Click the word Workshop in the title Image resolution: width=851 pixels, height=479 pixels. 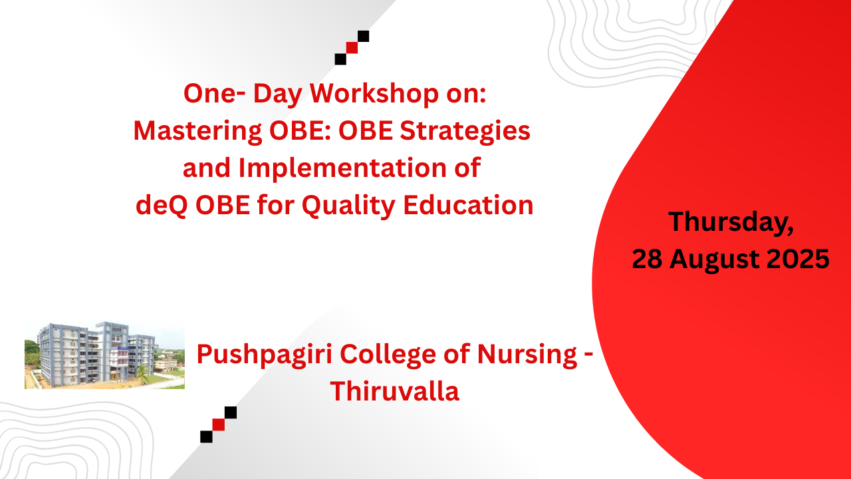[x=374, y=93]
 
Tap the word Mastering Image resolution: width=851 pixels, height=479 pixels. [x=197, y=132]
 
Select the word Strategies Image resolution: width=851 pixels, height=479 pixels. [x=465, y=132]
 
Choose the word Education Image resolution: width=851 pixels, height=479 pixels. [x=469, y=206]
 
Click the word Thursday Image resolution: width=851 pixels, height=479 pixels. [x=731, y=222]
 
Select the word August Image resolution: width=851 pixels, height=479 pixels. [x=714, y=260]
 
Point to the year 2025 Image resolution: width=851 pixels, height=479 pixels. [x=798, y=259]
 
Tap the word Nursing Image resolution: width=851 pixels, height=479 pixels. [x=527, y=355]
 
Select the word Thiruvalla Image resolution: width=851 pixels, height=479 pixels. [x=395, y=391]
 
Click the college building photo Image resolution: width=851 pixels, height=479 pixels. [x=104, y=355]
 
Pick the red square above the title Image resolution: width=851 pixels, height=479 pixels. [x=352, y=47]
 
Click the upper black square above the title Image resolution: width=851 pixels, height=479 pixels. [x=363, y=36]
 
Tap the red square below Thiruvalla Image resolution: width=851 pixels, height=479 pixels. [x=219, y=424]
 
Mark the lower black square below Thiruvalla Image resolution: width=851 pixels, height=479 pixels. [x=206, y=437]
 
